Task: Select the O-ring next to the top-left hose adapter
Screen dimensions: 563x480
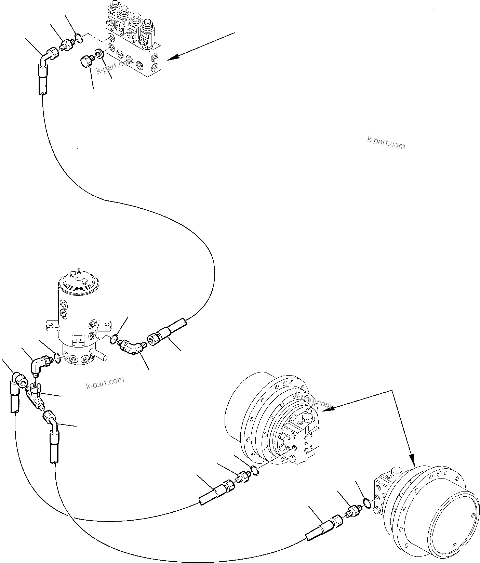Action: pyautogui.click(x=79, y=38)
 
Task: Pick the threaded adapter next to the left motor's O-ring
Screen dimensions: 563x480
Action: pyautogui.click(x=243, y=477)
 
